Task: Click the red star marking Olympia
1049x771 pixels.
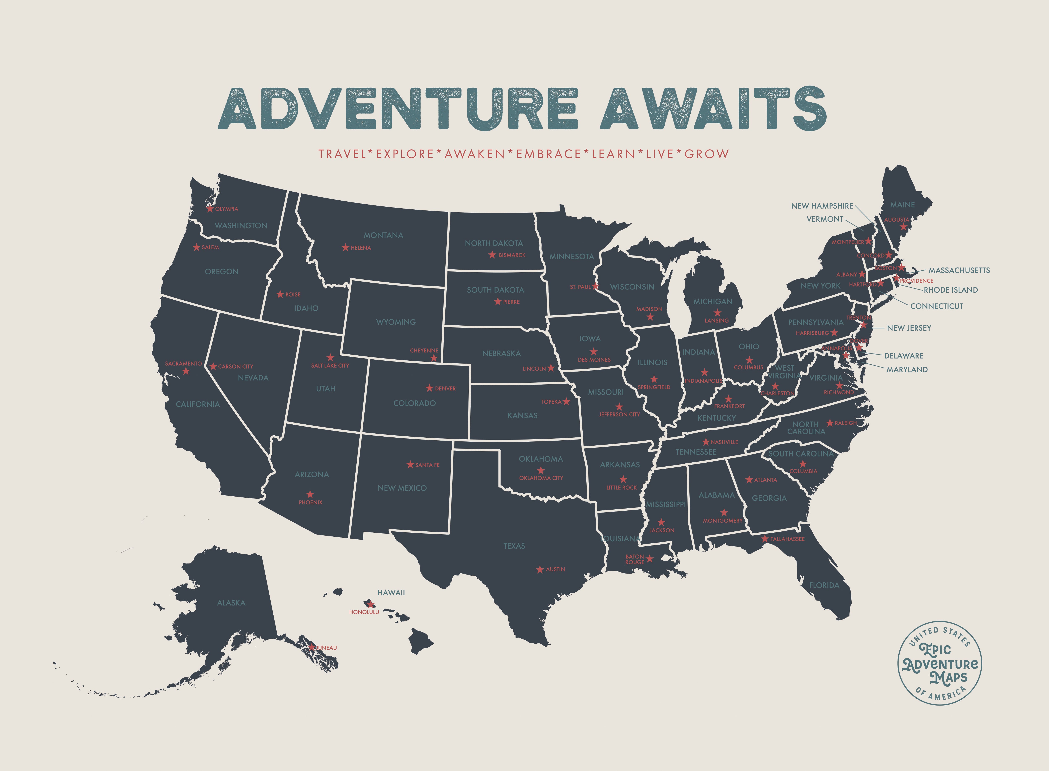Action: pos(210,209)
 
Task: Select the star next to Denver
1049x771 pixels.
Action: pos(429,388)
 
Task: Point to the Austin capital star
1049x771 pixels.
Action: pos(540,569)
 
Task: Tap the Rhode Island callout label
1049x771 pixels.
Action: pos(951,290)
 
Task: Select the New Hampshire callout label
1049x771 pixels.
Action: pos(822,206)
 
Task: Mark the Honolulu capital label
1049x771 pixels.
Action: pos(364,612)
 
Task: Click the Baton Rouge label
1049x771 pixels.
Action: pos(635,559)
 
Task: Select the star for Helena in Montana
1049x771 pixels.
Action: pos(345,247)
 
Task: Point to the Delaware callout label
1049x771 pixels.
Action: pos(903,356)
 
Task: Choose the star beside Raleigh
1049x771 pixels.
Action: pos(830,423)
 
